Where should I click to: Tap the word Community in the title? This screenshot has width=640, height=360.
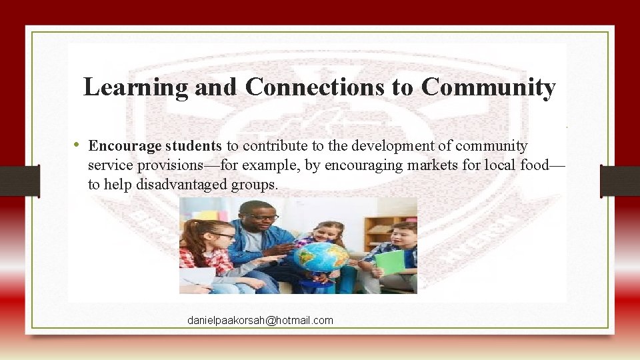[488, 87]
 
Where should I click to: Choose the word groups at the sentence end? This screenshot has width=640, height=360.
[255, 185]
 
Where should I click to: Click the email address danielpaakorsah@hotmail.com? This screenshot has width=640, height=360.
[260, 321]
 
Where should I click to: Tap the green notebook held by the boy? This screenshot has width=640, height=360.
[390, 262]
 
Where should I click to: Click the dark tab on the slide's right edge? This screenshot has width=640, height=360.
[619, 181]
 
